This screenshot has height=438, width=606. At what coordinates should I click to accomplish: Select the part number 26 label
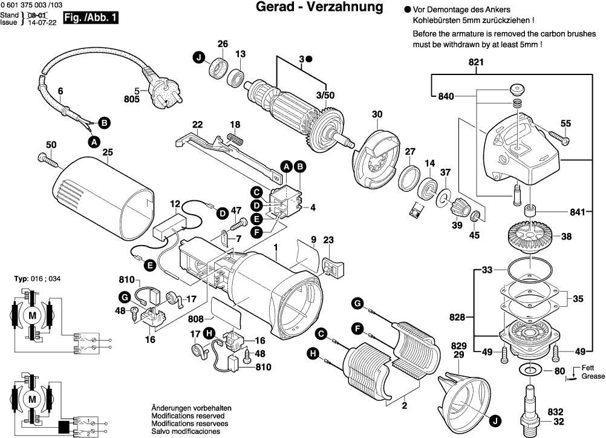click(x=223, y=44)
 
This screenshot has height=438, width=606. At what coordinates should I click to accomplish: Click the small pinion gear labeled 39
click(x=459, y=209)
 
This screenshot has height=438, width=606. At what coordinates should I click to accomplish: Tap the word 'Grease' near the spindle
click(x=593, y=376)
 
